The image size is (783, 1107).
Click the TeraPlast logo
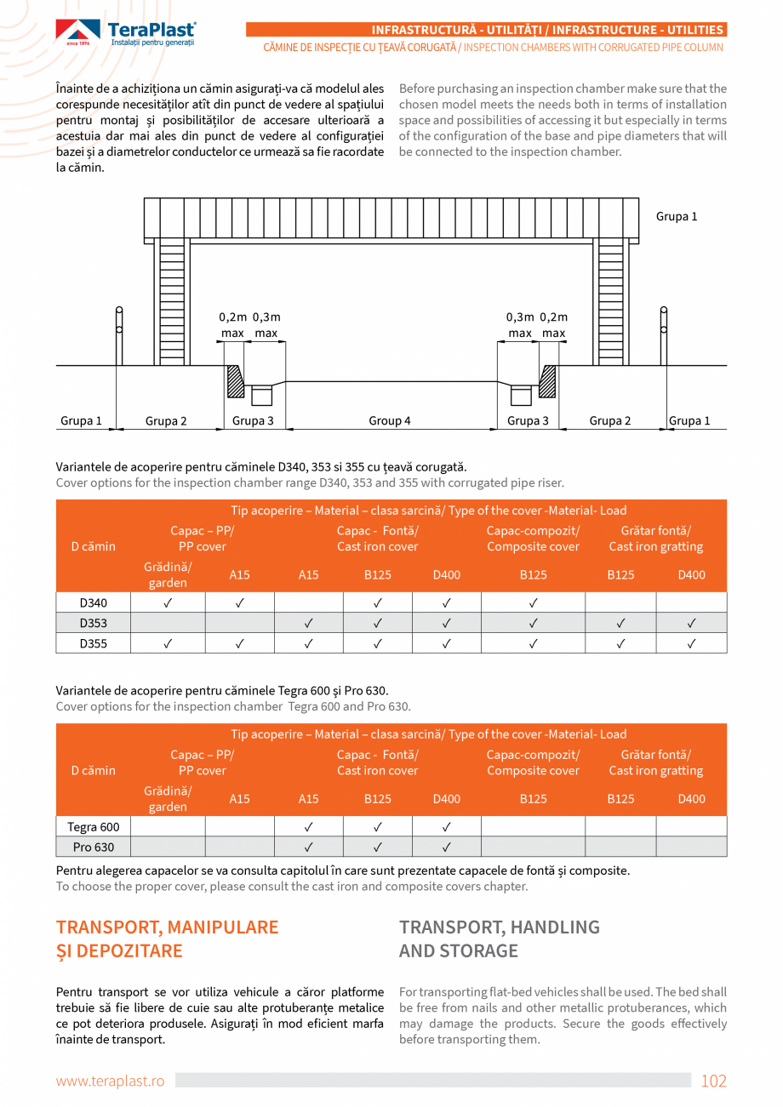[126, 32]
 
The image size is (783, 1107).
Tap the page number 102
[713, 1081]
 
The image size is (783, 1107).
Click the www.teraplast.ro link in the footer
[110, 1081]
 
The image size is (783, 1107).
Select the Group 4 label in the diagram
[390, 420]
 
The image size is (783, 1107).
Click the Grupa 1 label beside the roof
[676, 216]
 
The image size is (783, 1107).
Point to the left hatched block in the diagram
[235, 380]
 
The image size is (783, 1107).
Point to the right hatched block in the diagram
[547, 380]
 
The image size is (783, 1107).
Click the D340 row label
[93, 602]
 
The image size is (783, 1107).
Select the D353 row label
[93, 623]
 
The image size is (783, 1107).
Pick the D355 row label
[93, 643]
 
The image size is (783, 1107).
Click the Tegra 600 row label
[93, 826]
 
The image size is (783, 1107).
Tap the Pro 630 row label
[93, 847]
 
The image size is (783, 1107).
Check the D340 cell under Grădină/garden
[168, 602]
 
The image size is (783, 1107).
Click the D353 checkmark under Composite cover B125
[533, 623]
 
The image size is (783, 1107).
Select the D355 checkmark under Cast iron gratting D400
[691, 643]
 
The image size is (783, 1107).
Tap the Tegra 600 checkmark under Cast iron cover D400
[446, 826]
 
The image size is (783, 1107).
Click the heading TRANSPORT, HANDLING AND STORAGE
[500, 939]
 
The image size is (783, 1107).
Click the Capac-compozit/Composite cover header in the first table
[533, 539]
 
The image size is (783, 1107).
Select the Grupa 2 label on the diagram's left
[166, 420]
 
